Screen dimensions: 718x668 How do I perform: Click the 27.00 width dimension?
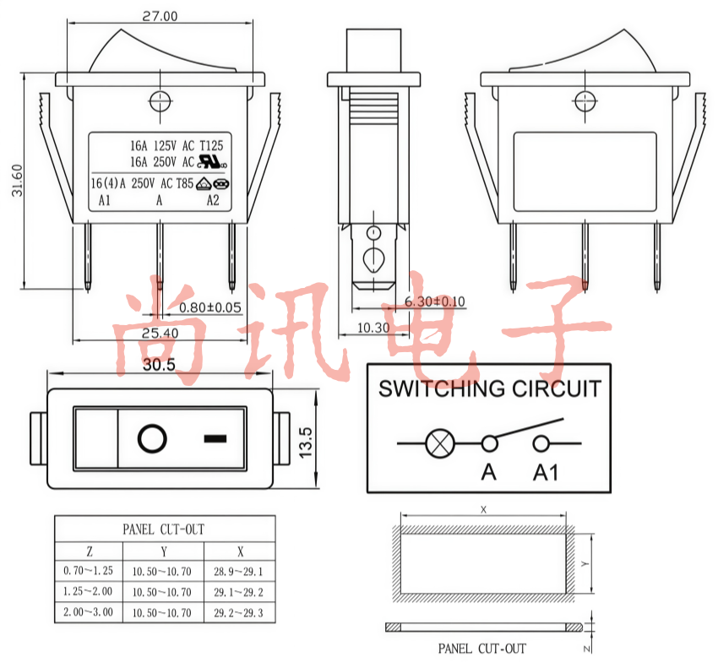coord(160,16)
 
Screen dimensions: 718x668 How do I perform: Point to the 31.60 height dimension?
coord(17,181)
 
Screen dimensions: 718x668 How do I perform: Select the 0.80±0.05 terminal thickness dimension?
coord(209,307)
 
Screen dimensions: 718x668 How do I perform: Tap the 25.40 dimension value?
coord(160,333)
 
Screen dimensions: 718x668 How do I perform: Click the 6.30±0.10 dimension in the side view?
coord(434,301)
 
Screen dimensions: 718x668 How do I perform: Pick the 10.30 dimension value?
coord(373,328)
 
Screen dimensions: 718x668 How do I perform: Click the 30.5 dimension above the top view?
coord(159,365)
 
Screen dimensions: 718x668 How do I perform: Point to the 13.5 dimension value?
coord(306,442)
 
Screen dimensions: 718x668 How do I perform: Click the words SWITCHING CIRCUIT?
coord(489,388)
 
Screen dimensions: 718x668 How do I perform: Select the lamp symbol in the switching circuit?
coord(440,443)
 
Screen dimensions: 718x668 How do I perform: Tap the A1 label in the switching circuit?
coord(546,473)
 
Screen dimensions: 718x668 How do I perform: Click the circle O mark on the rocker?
coord(152,438)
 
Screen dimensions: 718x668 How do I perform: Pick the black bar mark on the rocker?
coord(215,439)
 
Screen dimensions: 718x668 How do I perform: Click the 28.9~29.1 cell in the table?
coord(238,572)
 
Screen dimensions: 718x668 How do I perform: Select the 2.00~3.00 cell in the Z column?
coord(88,612)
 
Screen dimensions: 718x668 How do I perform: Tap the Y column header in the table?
coord(164,551)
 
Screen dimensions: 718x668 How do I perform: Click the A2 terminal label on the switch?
coord(213,200)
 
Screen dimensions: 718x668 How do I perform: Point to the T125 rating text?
coord(211,145)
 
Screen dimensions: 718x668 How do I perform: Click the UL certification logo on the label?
coord(212,161)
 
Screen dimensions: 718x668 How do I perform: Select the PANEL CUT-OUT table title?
coord(164,530)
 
